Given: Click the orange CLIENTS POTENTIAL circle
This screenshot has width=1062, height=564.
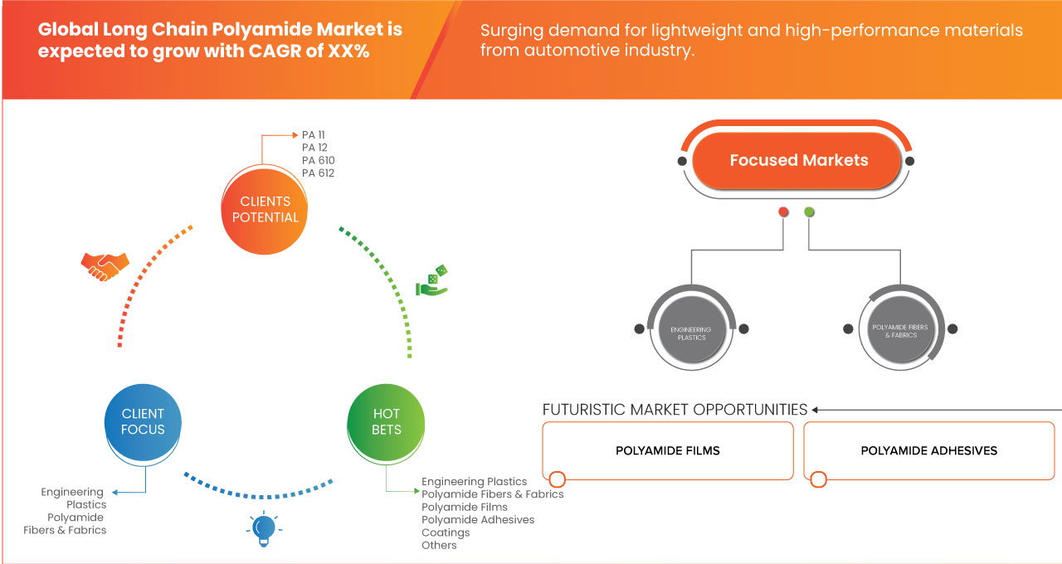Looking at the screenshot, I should coord(265,209).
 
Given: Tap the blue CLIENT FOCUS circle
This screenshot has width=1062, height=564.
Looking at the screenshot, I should coord(143,421).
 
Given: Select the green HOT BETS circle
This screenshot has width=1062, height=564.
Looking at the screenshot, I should coord(387,421).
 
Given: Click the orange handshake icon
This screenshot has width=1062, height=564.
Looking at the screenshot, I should coord(105,265).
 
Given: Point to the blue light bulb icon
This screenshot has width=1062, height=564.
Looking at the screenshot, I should coord(263,528).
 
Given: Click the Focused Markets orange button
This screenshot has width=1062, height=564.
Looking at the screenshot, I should coord(798,161).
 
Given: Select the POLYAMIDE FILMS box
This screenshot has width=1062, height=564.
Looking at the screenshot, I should coord(667,451).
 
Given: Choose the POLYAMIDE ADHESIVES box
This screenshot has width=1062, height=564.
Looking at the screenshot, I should coord(928,451).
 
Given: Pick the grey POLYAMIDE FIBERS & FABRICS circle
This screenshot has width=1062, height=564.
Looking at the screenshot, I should coord(899,331).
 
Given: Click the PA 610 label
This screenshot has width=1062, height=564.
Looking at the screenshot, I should coord(319,160).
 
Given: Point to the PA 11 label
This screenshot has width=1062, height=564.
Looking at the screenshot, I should coord(314,134).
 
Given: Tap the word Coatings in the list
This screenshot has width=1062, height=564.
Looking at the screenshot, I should coord(446,532).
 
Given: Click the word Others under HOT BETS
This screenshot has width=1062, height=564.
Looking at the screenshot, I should coord(439,545).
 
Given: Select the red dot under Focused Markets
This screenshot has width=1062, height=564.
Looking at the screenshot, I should coord(783,212).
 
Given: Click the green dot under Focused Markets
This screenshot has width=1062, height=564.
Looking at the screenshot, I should coord(809,212).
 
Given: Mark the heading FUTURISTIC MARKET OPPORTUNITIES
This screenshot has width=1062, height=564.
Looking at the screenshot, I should coord(675,410).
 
